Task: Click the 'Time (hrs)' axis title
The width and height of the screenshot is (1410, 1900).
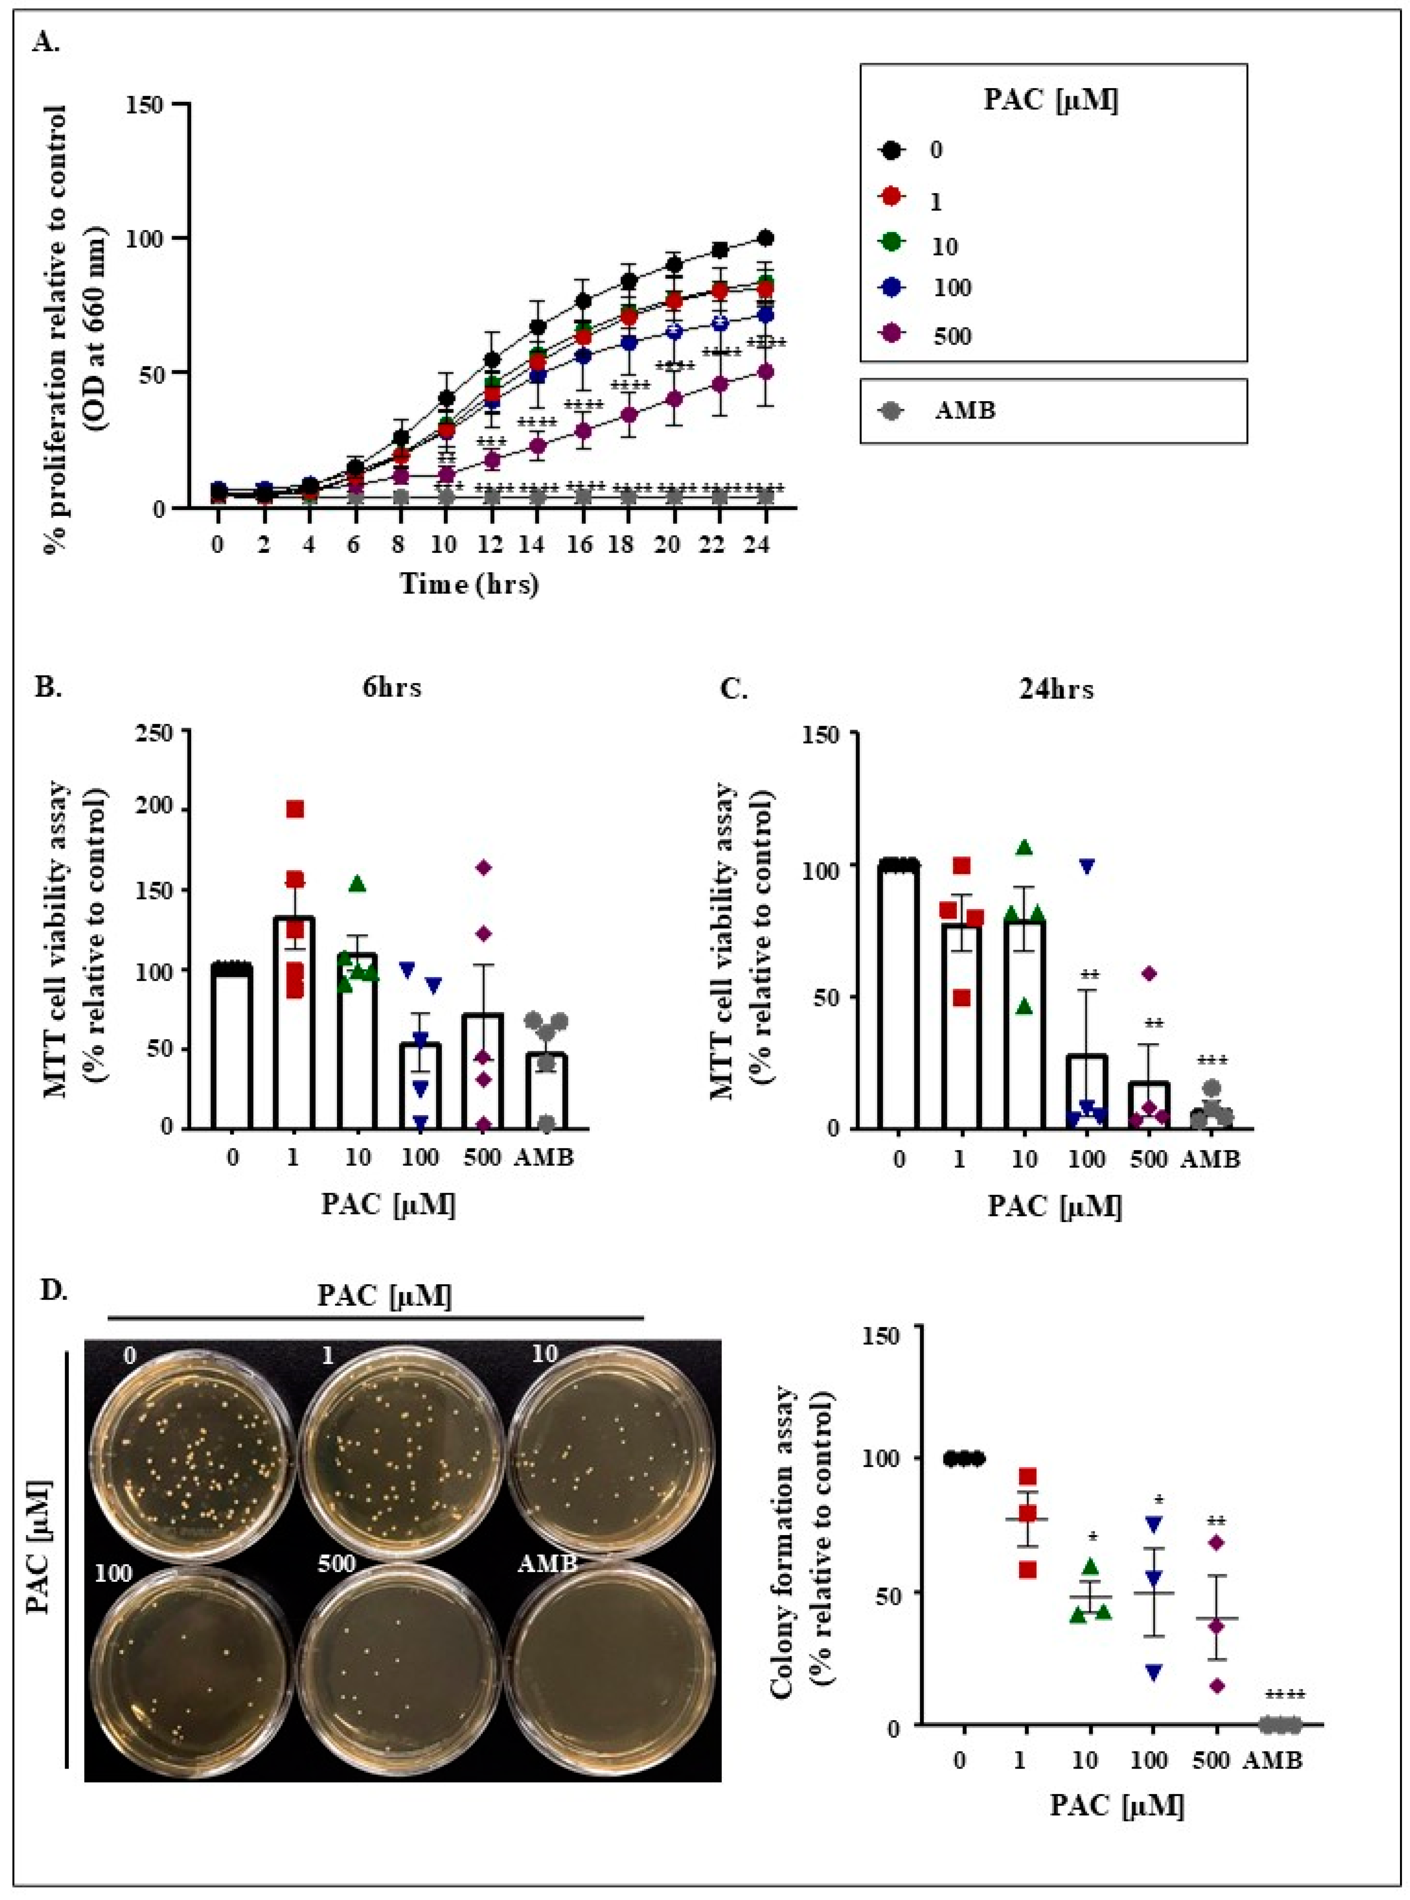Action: [470, 585]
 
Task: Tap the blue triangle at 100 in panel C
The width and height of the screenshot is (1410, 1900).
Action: [1086, 866]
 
